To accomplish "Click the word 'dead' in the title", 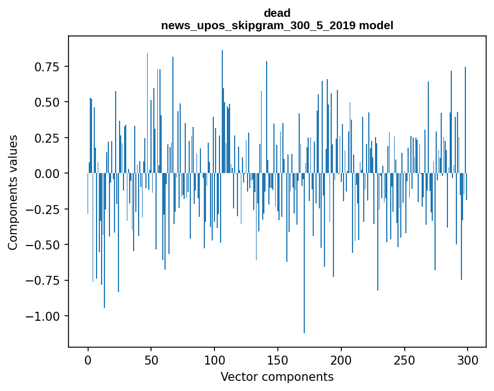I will coord(277,13).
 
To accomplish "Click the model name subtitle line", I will coord(277,25).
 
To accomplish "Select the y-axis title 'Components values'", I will coord(12,192).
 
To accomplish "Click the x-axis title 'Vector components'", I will coord(277,376).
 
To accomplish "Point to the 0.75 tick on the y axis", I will coord(47,66).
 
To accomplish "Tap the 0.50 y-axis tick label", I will coord(47,102).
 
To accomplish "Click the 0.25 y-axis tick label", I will coord(47,138).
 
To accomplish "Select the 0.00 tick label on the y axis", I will coord(47,174).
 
